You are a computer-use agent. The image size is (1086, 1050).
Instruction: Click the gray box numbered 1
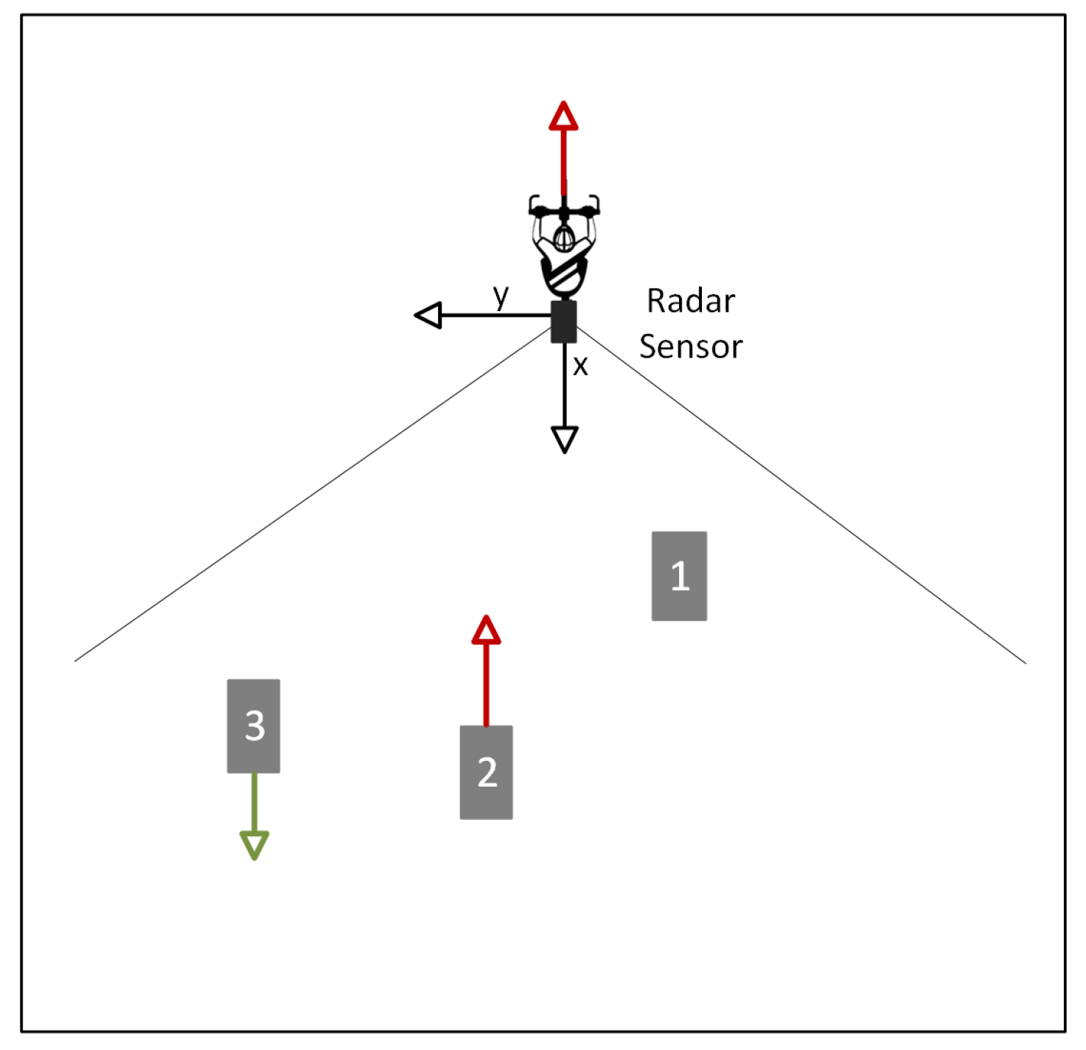point(679,576)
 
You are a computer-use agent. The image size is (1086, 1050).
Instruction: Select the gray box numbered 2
point(486,772)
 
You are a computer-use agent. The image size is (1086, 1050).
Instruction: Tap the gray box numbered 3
point(254,726)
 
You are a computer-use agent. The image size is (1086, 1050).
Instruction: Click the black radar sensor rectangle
point(564,321)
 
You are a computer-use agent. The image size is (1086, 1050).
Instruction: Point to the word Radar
point(691,301)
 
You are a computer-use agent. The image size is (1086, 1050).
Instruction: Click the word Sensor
point(691,347)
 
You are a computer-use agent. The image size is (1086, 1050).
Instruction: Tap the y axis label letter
point(501,296)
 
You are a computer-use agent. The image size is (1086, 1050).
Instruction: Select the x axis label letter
point(581,366)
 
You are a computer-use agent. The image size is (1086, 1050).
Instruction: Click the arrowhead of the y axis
point(428,316)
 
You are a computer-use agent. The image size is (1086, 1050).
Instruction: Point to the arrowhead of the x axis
point(565,439)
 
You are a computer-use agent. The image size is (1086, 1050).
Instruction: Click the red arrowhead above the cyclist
point(563,117)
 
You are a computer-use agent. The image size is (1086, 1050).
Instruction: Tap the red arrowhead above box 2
point(486,630)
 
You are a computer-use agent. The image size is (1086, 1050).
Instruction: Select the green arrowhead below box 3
point(254,845)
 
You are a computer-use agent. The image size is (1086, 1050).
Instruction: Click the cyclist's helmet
point(564,237)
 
